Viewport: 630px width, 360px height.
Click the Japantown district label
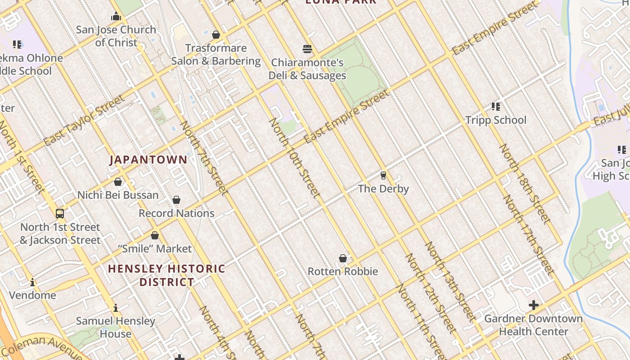[x=148, y=160]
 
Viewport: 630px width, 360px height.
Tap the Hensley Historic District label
[x=166, y=275]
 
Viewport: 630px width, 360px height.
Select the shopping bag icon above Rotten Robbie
[x=343, y=258]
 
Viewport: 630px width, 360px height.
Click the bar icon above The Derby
[x=383, y=175]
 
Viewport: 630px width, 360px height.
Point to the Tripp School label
[x=495, y=120]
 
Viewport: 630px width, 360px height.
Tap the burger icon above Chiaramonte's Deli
[x=307, y=49]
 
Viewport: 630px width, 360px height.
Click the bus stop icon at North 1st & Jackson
[x=60, y=213]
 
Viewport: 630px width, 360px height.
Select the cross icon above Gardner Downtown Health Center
[x=534, y=305]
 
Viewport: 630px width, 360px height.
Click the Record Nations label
[x=176, y=213]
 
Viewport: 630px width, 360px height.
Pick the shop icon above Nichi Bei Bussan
[x=118, y=182]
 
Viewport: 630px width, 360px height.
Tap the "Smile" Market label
[x=155, y=248]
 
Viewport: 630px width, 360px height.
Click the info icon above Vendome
[x=32, y=283]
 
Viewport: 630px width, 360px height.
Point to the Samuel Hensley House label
[x=116, y=327]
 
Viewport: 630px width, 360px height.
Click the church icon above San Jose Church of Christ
[x=117, y=17]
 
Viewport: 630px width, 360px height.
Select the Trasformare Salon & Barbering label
[x=216, y=54]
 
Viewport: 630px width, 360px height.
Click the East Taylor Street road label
[x=84, y=120]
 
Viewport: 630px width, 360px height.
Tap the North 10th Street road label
[x=295, y=158]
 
